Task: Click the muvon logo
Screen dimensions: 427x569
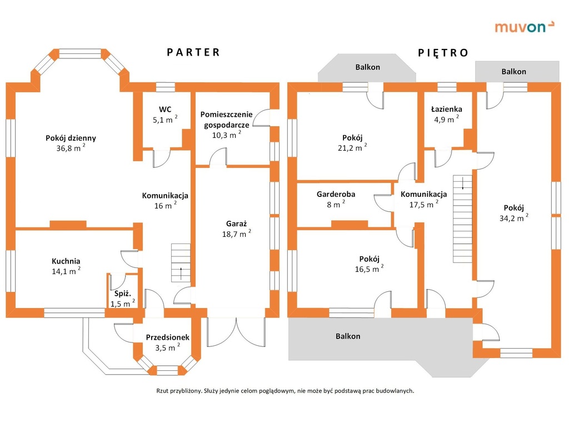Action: pyautogui.click(x=525, y=26)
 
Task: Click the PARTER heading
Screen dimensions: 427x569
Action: pyautogui.click(x=194, y=52)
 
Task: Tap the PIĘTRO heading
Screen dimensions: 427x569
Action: pyautogui.click(x=443, y=53)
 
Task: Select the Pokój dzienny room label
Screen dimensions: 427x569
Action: pyautogui.click(x=71, y=138)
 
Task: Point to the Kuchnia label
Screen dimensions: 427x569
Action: pyautogui.click(x=66, y=261)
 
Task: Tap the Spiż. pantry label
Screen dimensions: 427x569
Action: pyautogui.click(x=122, y=294)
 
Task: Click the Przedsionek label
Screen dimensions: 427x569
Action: pyautogui.click(x=168, y=337)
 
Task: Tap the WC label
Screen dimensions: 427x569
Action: pyautogui.click(x=164, y=108)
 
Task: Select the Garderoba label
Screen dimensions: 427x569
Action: pyautogui.click(x=336, y=194)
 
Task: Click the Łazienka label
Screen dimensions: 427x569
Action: pyautogui.click(x=447, y=109)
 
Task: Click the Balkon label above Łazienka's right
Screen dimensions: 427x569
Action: pyautogui.click(x=513, y=71)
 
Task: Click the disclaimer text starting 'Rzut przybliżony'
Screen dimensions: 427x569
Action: pyautogui.click(x=285, y=390)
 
